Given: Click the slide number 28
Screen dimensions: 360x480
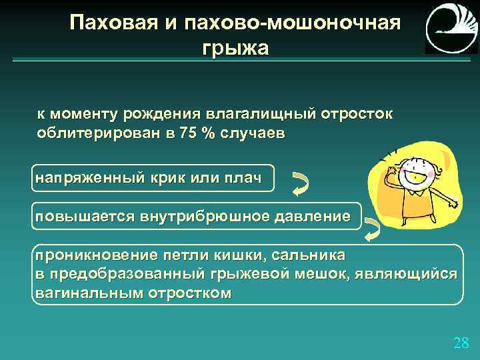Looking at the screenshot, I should [461, 343].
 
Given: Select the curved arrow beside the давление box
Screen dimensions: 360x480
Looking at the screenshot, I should [372, 228].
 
